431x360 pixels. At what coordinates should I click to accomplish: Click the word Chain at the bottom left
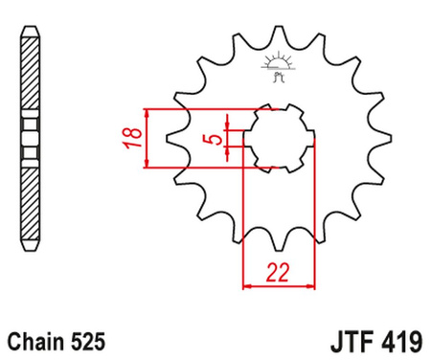click(35, 339)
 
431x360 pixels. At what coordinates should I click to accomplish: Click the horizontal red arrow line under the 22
click(279, 284)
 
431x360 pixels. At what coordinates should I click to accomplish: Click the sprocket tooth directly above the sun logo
click(280, 34)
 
